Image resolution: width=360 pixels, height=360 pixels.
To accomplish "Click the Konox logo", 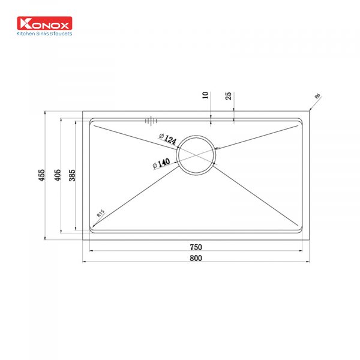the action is click(44, 23).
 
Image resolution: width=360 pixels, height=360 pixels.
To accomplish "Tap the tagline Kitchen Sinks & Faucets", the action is click(44, 34).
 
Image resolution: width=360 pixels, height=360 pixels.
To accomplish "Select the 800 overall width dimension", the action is click(196, 258).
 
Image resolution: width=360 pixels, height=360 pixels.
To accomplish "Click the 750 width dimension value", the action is click(196, 247).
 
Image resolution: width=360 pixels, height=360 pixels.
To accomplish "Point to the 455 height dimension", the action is click(42, 175).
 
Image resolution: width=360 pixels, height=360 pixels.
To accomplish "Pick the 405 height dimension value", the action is click(58, 175).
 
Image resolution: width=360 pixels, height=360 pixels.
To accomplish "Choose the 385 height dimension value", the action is click(72, 175).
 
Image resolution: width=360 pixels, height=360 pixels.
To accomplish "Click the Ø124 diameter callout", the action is click(168, 139).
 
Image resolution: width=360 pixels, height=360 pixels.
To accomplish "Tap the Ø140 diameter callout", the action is click(161, 163).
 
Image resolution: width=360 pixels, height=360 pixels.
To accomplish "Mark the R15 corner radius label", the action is click(101, 213).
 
